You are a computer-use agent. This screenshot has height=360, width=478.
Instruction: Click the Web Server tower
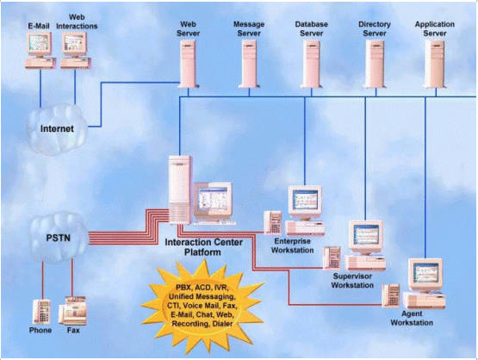(x=189, y=64)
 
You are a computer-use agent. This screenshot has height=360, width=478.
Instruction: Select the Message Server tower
(x=249, y=64)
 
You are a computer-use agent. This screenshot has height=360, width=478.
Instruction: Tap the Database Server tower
(x=311, y=64)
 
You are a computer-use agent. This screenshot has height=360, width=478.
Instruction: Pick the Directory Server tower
(x=375, y=64)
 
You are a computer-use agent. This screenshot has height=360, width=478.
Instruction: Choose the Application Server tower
(x=435, y=64)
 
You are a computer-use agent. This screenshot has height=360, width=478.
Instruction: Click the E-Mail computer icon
(x=40, y=51)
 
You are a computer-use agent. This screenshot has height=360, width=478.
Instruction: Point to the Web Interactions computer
(x=76, y=51)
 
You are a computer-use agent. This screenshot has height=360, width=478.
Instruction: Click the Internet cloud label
(x=57, y=128)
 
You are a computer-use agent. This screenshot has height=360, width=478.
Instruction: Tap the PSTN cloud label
(x=59, y=238)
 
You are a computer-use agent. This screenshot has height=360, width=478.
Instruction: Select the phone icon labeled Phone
(x=41, y=312)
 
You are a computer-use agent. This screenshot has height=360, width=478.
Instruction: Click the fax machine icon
(x=73, y=311)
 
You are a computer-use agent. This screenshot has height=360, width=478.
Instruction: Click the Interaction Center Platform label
(x=203, y=247)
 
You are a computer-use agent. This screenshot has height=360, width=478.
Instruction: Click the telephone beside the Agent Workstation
(x=390, y=295)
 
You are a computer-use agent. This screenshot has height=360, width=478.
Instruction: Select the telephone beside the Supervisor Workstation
(x=332, y=258)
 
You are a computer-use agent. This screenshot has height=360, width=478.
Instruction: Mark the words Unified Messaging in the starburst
(x=202, y=296)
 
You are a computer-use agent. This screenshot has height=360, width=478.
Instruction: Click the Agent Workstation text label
(x=412, y=319)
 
